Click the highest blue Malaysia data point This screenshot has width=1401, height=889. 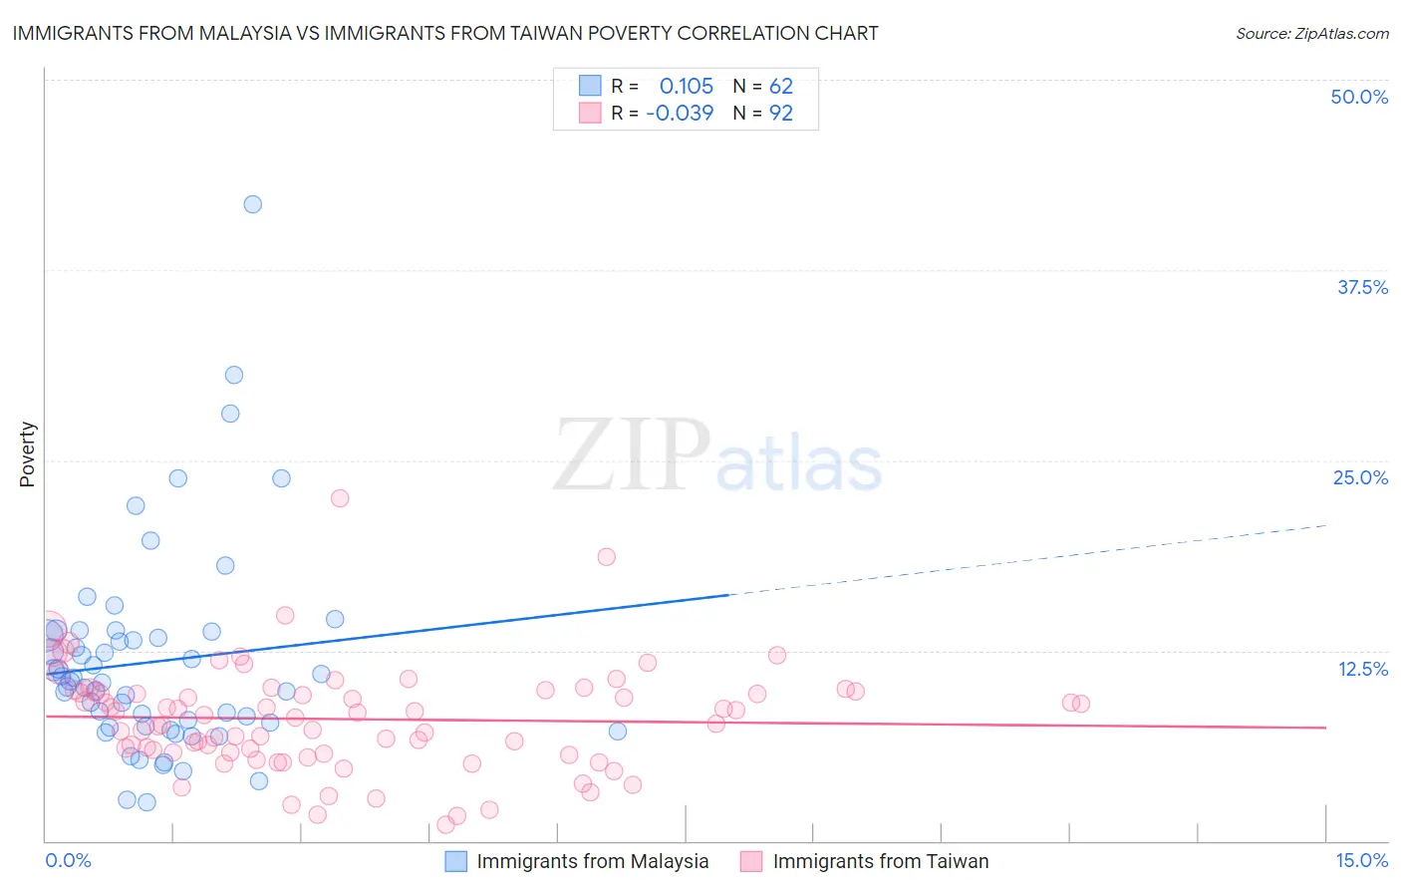click(253, 204)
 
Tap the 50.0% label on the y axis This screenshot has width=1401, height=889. click(1359, 97)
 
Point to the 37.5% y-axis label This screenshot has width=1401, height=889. click(1362, 287)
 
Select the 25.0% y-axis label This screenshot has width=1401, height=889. click(1360, 477)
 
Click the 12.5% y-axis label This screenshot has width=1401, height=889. click(1362, 669)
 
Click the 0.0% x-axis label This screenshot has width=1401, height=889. click(68, 861)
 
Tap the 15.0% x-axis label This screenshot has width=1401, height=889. click(1361, 861)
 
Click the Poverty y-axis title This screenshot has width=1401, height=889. click(27, 454)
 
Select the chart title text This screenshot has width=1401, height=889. click(445, 33)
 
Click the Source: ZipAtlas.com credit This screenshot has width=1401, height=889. click(1311, 33)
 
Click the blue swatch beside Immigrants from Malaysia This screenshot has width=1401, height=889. click(455, 862)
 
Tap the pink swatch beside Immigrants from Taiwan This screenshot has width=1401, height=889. click(751, 862)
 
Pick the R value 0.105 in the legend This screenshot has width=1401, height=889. click(687, 86)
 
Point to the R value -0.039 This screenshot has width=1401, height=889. click(680, 114)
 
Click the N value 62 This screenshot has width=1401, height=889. click(781, 86)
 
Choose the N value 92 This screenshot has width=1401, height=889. click(781, 114)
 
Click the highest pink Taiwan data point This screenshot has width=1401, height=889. click(340, 498)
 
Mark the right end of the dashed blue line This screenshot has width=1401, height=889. click(1326, 524)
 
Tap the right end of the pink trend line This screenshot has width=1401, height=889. click(1326, 728)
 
